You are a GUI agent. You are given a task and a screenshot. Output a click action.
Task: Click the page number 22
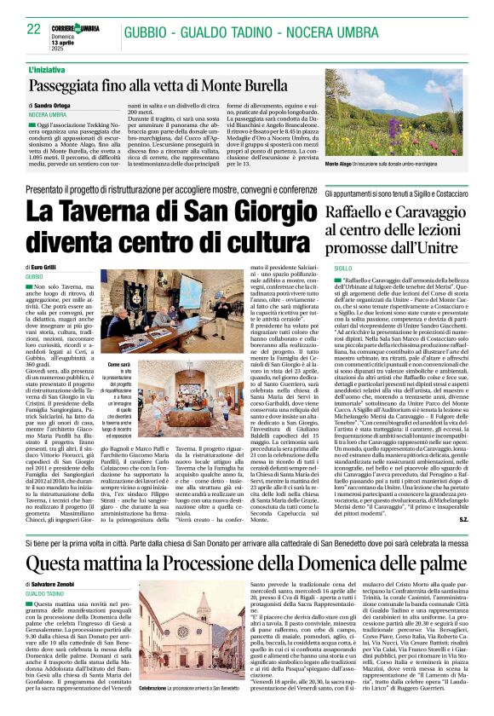coord(34,29)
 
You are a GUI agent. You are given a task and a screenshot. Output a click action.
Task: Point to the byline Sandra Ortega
coord(56,105)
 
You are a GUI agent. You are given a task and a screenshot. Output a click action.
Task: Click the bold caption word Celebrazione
coord(153,685)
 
